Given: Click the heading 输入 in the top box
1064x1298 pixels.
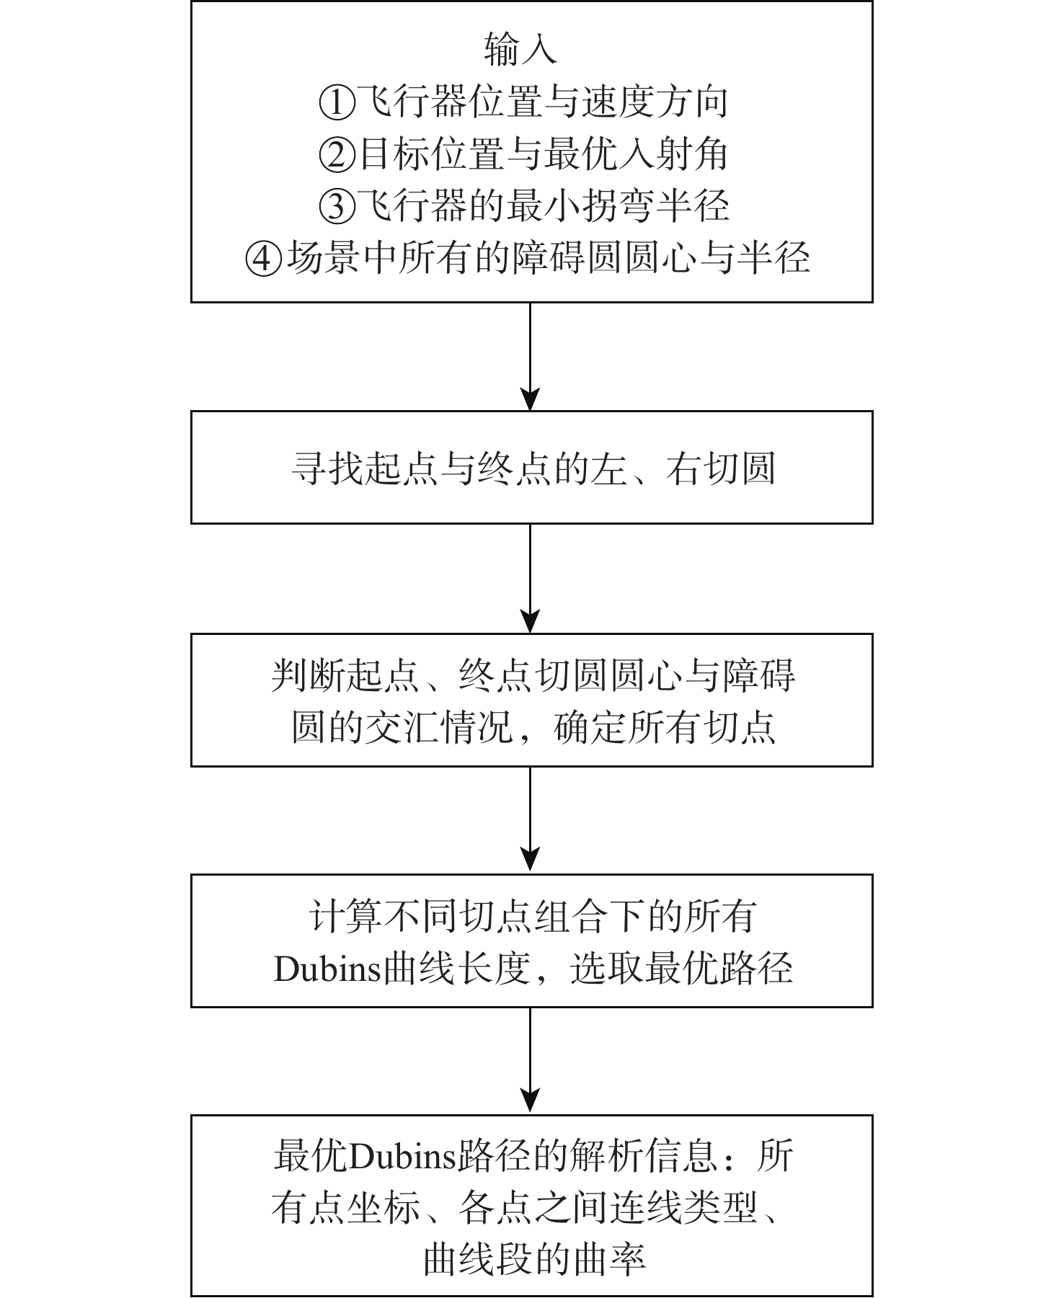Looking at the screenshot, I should click(520, 50).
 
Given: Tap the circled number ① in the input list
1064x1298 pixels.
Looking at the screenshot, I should click(337, 103).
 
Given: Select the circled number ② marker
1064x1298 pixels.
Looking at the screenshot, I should click(337, 155).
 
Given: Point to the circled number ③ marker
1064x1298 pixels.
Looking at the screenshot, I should click(337, 207).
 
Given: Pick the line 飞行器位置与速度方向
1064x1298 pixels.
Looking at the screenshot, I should click(542, 103).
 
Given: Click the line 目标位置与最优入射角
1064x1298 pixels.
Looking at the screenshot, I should click(542, 155).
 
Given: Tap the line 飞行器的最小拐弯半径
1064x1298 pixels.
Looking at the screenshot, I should click(542, 207).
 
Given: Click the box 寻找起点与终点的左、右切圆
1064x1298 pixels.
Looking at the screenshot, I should click(531, 468).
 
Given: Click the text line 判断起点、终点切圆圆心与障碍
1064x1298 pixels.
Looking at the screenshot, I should click(533, 676).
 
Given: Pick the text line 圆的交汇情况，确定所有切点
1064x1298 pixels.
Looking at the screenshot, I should click(533, 728).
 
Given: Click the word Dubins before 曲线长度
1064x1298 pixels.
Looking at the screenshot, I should click(327, 969).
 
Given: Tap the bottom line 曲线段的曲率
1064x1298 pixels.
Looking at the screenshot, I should click(533, 1259).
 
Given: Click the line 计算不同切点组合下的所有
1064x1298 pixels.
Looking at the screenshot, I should click(533, 917).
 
